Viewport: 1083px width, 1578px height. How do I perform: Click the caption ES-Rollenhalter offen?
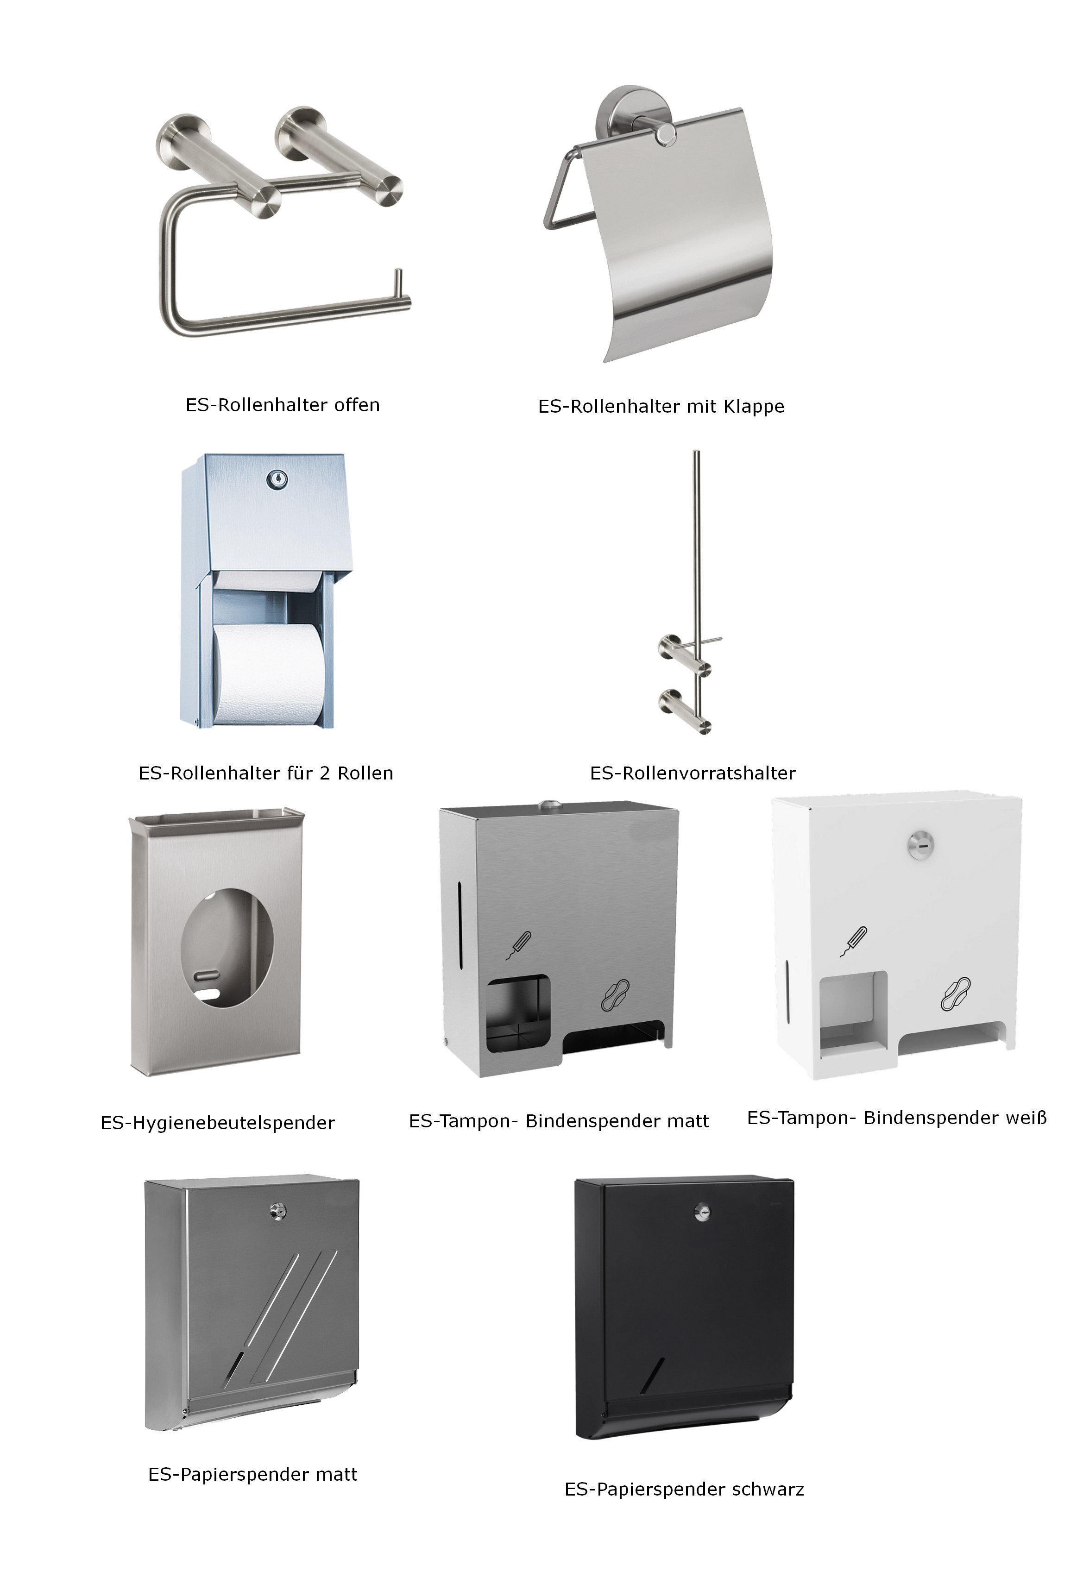point(283,405)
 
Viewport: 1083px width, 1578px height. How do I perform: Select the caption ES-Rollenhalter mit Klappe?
point(661,407)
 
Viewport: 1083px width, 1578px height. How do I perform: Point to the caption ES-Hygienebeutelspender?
point(217,1123)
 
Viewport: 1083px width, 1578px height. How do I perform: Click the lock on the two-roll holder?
point(278,480)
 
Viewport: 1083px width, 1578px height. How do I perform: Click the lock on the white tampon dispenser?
point(921,844)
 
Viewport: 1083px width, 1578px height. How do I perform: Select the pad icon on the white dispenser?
point(955,993)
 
